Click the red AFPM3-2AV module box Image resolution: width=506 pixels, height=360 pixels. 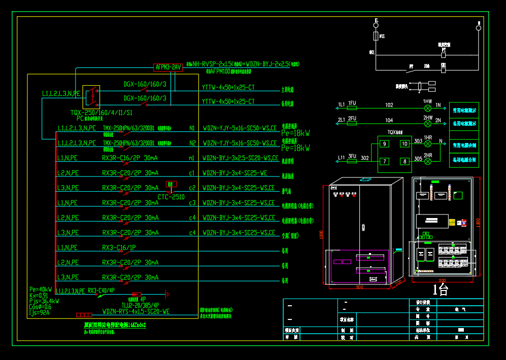tap(167, 67)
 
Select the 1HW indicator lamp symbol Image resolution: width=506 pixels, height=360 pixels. tap(428, 109)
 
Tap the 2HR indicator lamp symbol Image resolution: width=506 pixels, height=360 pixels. tap(428, 162)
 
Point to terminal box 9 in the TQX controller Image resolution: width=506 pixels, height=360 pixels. tap(385, 144)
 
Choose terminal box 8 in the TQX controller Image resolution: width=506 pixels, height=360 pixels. tap(404, 162)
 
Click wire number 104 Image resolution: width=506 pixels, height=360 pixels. tap(389, 121)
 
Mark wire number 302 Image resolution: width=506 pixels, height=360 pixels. tap(365, 159)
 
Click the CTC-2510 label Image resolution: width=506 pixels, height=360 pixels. tap(171, 197)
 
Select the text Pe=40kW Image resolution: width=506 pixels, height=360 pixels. tap(40, 289)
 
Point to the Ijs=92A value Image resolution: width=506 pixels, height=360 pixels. tap(40, 313)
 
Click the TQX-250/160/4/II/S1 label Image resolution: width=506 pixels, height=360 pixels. tap(102, 112)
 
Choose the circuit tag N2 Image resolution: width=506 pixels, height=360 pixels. tap(192, 143)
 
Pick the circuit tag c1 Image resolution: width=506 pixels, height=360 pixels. tap(192, 173)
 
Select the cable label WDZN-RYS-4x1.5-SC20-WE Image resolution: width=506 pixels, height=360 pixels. tap(136, 312)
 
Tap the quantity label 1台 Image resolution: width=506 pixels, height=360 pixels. tap(440, 290)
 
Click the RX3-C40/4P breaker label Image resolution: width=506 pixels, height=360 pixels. tap(102, 291)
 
